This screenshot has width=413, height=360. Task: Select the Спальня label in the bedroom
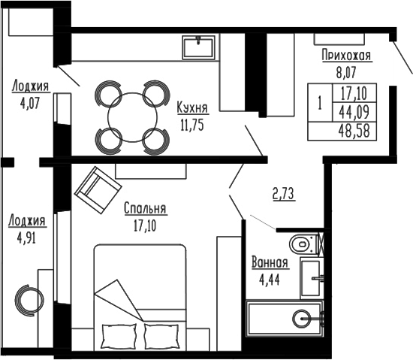pos(145,209)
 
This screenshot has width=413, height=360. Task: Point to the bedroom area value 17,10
pos(145,223)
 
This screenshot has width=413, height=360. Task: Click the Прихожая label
pos(346,56)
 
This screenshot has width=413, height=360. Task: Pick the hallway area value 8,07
pos(346,73)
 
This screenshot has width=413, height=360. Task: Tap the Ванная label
pos(270,263)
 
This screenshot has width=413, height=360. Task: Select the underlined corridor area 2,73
pos(282,194)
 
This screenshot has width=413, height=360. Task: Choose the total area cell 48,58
pos(357,130)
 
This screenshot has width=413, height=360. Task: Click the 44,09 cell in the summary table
pos(357,113)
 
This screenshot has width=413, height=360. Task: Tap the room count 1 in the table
pos(320,104)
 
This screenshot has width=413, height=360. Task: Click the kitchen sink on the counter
pos(199,47)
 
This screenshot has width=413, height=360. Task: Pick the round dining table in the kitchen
pos(131,116)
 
